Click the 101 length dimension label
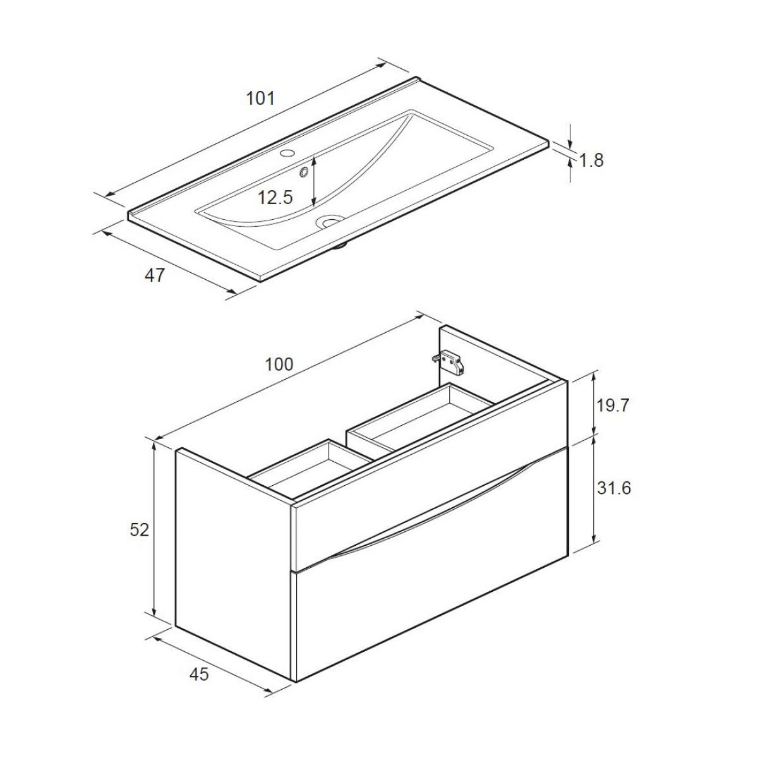260,98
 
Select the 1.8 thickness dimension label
591,160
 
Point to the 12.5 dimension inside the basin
275,198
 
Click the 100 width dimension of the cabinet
279,364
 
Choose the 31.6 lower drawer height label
613,488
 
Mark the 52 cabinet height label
140,529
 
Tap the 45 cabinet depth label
199,675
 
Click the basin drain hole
330,221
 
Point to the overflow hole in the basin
304,171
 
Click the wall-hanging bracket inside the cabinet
450,361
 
